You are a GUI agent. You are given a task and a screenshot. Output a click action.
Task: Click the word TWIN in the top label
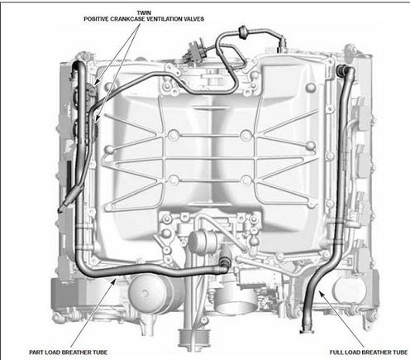pyautogui.click(x=144, y=13)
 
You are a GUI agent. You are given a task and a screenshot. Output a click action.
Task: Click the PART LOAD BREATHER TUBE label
pyautogui.click(x=68, y=353)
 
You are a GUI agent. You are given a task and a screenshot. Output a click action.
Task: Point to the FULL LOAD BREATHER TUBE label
pyautogui.click(x=369, y=353)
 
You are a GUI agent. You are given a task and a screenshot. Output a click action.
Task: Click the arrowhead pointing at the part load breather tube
pyautogui.click(x=113, y=281)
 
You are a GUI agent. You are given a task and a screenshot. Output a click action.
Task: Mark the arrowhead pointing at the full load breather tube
pyautogui.click(x=322, y=294)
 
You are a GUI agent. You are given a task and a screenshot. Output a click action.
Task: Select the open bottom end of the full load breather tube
pyautogui.click(x=305, y=330)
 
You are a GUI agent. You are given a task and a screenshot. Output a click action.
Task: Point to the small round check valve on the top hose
pyautogui.click(x=243, y=31)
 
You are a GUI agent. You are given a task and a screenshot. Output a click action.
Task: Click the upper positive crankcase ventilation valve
pyautogui.click(x=92, y=89)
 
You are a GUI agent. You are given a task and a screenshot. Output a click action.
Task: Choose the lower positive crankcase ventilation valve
pyautogui.click(x=93, y=121)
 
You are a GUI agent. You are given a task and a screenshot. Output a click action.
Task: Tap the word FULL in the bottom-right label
pyautogui.click(x=336, y=353)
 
